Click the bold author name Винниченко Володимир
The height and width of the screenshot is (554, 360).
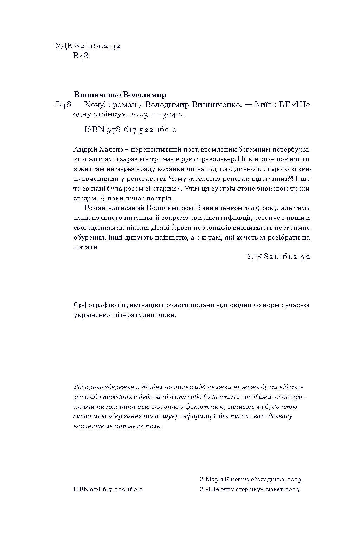tap(120, 95)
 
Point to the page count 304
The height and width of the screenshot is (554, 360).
tap(169, 115)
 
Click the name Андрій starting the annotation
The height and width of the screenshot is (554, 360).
tap(85, 149)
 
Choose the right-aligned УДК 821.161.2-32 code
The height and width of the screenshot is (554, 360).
tap(278, 257)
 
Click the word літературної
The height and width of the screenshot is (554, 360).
tap(134, 315)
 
